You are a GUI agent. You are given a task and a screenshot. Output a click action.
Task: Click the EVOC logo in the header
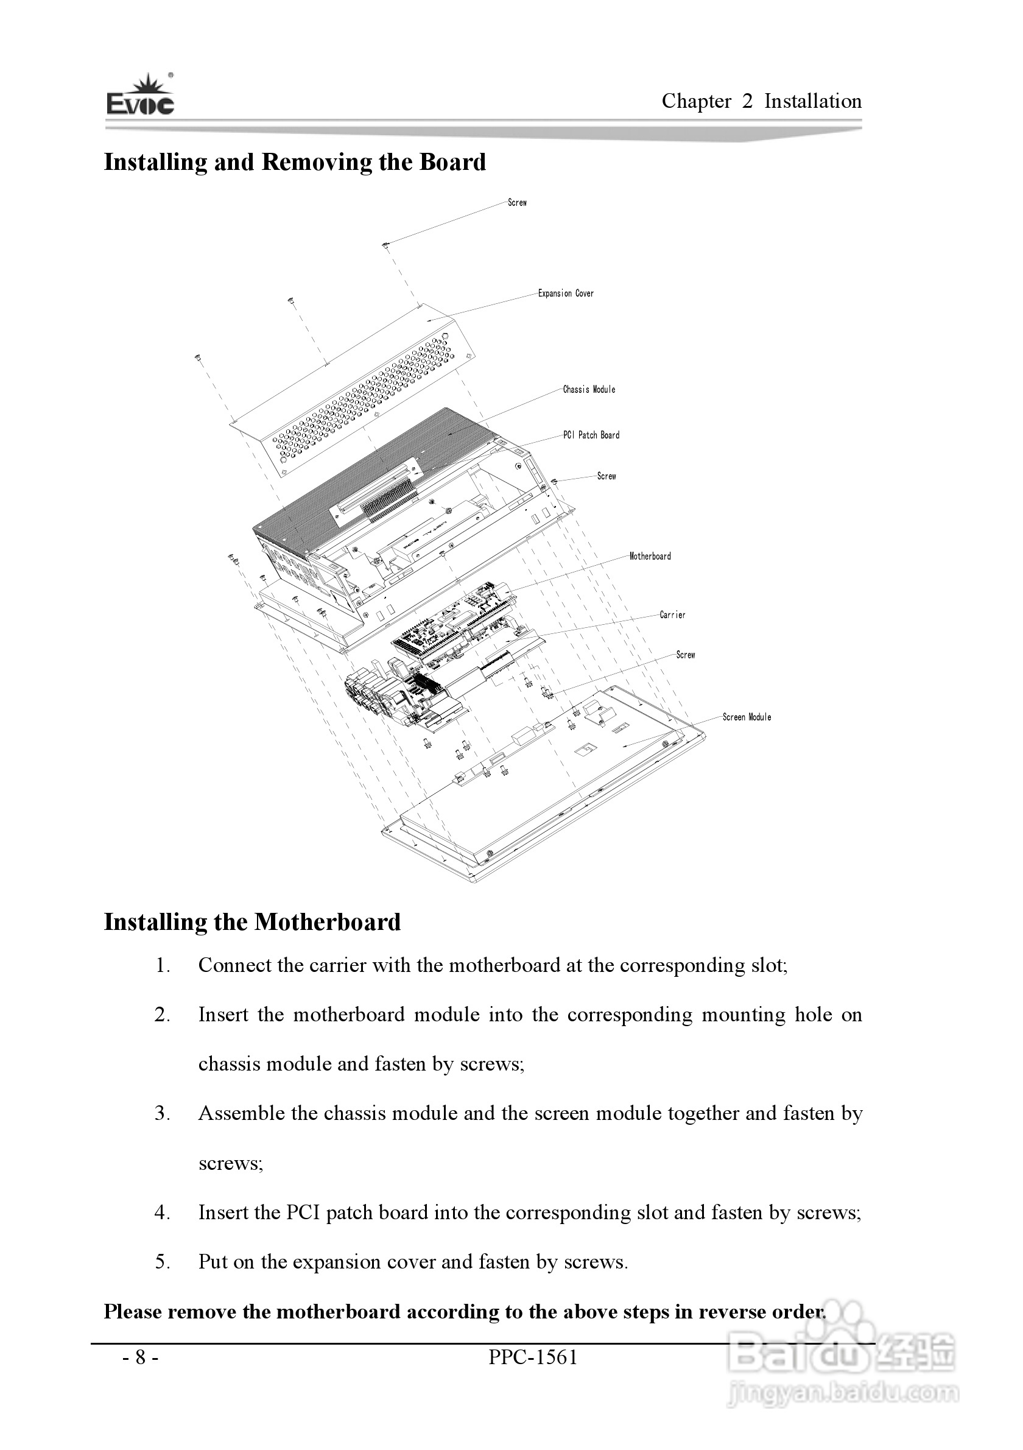tap(140, 96)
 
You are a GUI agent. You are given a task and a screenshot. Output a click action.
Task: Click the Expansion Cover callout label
tap(565, 294)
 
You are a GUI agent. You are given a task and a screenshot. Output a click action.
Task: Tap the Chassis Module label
tap(589, 390)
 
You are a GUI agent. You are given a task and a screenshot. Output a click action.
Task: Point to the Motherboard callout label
tap(650, 557)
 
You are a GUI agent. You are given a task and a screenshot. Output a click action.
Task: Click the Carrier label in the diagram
tap(672, 615)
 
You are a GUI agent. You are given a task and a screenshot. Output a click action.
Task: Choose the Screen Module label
tap(747, 717)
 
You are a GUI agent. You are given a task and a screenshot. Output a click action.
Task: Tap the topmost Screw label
tap(517, 203)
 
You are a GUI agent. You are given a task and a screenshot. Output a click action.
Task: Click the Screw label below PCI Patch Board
tap(606, 476)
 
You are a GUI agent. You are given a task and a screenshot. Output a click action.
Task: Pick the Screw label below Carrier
tap(685, 655)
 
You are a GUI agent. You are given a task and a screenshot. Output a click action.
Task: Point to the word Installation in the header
tap(813, 102)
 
